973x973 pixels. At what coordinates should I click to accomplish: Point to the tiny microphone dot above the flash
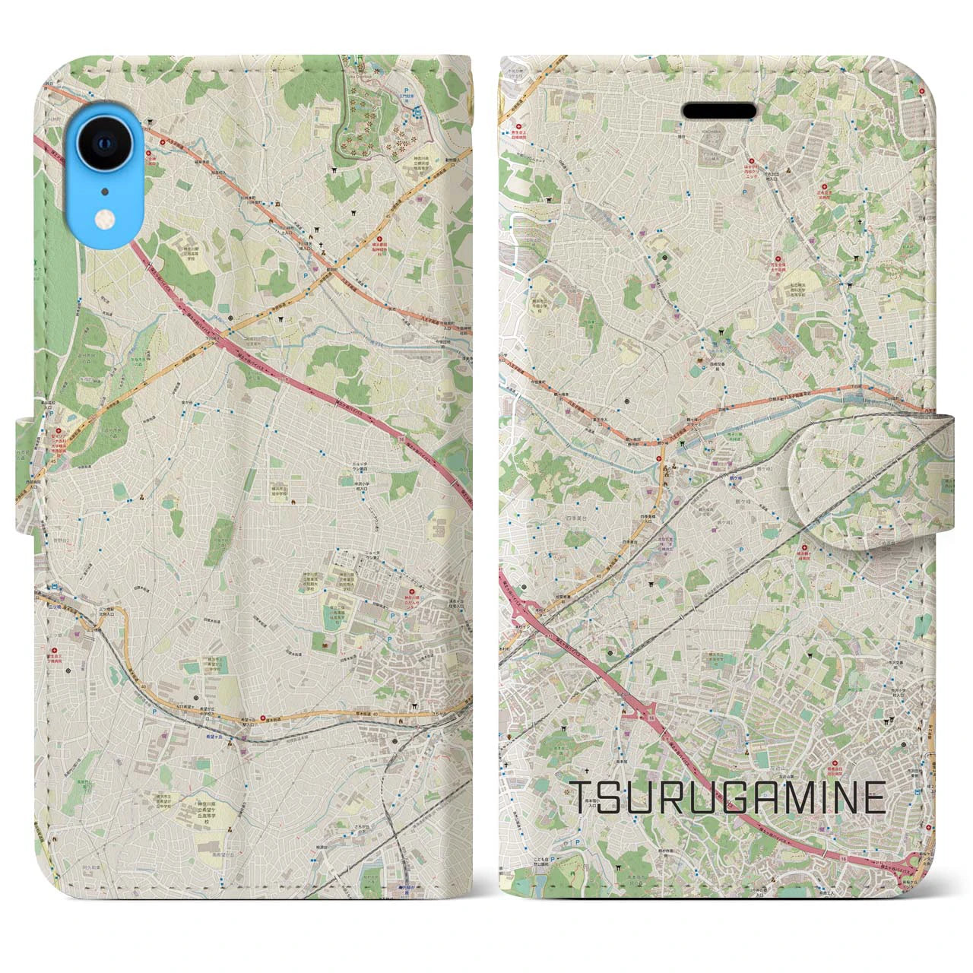(x=104, y=191)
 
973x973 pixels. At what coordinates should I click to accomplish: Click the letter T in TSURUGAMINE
(x=583, y=797)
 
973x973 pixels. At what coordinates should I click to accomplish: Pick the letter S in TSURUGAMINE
(x=614, y=797)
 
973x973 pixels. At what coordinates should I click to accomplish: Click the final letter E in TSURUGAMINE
(x=873, y=797)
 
